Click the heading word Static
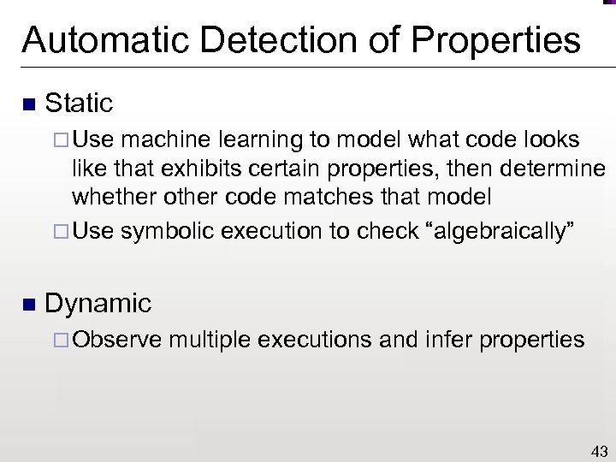[x=79, y=104]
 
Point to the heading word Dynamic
[x=98, y=303]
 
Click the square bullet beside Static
[x=27, y=105]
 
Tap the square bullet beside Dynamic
[x=27, y=305]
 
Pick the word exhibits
[x=191, y=169]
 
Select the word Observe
[x=117, y=340]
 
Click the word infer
[x=447, y=340]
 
